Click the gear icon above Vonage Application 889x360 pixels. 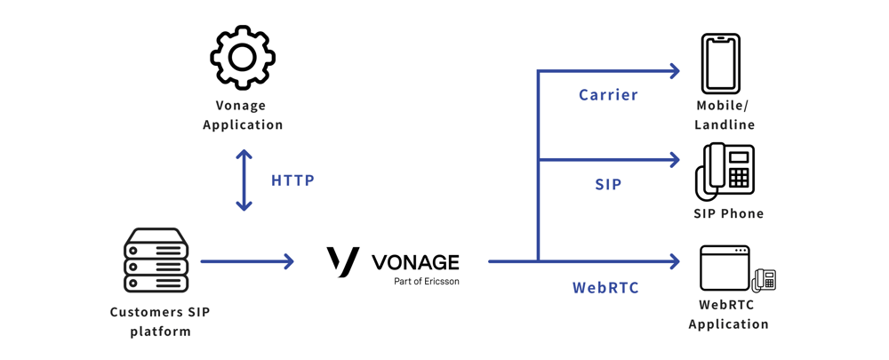pyautogui.click(x=243, y=58)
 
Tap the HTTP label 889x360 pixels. pyautogui.click(x=292, y=180)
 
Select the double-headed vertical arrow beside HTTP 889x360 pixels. pyautogui.click(x=244, y=180)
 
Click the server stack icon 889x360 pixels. pyautogui.click(x=156, y=260)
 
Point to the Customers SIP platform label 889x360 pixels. pyautogui.click(x=160, y=322)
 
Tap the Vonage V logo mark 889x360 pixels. pyautogui.click(x=343, y=261)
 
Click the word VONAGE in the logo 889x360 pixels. pyautogui.click(x=415, y=262)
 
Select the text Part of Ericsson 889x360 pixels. pyautogui.click(x=427, y=282)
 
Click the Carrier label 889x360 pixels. pyautogui.click(x=608, y=95)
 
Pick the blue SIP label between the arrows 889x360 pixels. pyautogui.click(x=608, y=185)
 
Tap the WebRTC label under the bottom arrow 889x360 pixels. pyautogui.click(x=605, y=288)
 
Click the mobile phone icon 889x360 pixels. pyautogui.click(x=720, y=64)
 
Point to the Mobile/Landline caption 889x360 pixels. pyautogui.click(x=725, y=116)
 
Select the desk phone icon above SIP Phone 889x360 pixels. pyautogui.click(x=725, y=171)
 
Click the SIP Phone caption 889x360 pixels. pyautogui.click(x=728, y=213)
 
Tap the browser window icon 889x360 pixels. pyautogui.click(x=725, y=268)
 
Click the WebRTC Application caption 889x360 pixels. pyautogui.click(x=728, y=315)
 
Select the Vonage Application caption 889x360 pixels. pyautogui.click(x=243, y=115)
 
